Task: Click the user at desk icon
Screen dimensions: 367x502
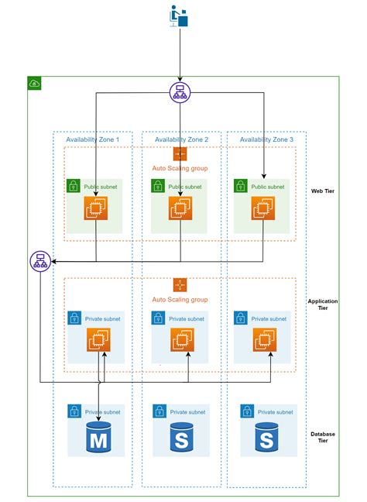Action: [179, 16]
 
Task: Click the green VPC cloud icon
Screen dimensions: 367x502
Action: [34, 83]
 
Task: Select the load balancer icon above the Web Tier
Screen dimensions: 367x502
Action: [180, 92]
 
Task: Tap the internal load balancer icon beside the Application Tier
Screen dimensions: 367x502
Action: [40, 261]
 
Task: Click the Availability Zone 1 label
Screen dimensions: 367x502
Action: [92, 139]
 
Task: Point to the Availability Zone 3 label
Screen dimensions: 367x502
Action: [266, 139]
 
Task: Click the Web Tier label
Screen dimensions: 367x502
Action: [323, 191]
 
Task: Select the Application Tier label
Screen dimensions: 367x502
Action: [323, 304]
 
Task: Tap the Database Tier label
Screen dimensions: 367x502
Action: [323, 437]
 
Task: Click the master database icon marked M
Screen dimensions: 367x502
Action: [98, 437]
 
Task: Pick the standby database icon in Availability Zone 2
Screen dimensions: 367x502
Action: [181, 437]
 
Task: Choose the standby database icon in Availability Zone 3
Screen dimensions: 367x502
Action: [266, 437]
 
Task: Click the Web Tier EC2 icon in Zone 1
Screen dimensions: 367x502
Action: [96, 208]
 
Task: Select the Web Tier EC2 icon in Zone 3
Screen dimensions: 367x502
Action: [263, 208]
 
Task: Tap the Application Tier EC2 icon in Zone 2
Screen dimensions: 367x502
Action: [182, 339]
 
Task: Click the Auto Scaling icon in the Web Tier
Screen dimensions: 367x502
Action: [180, 153]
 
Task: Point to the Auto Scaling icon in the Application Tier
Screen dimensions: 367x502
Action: [180, 285]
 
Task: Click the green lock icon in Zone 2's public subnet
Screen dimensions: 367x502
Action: [158, 186]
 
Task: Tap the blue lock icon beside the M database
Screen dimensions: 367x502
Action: [74, 411]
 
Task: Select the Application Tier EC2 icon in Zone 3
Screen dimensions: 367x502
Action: [265, 339]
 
